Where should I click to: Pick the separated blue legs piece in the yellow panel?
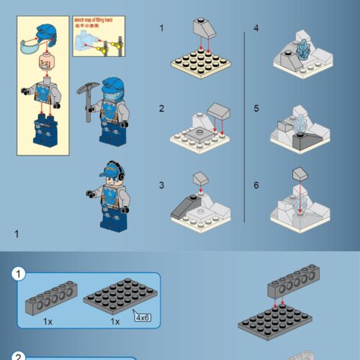tap(45, 129)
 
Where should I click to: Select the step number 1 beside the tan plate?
tap(162, 28)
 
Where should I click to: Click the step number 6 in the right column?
tap(256, 185)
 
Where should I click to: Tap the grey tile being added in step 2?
tap(219, 110)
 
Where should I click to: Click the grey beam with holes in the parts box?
tap(50, 301)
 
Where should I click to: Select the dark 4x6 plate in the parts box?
tap(116, 302)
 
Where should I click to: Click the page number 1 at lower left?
tap(16, 233)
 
